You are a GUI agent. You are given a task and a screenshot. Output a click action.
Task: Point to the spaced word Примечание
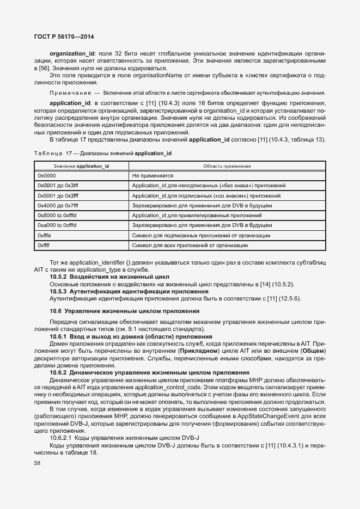67,94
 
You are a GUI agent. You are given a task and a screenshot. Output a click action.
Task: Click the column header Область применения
227,165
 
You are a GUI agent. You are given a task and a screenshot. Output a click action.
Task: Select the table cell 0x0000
47,176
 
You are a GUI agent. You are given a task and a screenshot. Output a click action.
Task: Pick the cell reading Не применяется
152,176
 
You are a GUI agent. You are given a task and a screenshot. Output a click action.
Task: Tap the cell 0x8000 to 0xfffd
57,215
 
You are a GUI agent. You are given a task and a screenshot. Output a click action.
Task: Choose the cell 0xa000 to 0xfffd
57,225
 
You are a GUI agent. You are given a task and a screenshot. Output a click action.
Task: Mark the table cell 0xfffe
45,235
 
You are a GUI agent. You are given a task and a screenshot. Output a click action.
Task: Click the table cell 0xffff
44,245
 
